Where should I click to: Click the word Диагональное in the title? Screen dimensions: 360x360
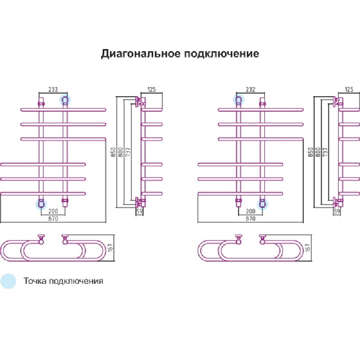(x=140, y=54)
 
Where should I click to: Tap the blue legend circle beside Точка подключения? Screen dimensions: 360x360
(x=8, y=281)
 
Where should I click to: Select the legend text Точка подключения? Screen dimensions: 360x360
(x=63, y=281)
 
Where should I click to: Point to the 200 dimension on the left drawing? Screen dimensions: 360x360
(x=54, y=211)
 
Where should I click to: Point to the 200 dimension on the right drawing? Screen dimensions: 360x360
(x=250, y=211)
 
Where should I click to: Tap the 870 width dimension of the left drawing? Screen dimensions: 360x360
(x=54, y=219)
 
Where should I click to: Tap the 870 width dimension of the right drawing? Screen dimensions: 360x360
(x=250, y=219)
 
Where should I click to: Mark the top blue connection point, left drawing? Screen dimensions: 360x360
(x=65, y=99)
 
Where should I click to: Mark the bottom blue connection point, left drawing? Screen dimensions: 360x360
(x=41, y=204)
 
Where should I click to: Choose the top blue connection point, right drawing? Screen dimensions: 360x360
(x=238, y=99)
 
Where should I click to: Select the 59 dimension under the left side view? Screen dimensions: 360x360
(x=139, y=211)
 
